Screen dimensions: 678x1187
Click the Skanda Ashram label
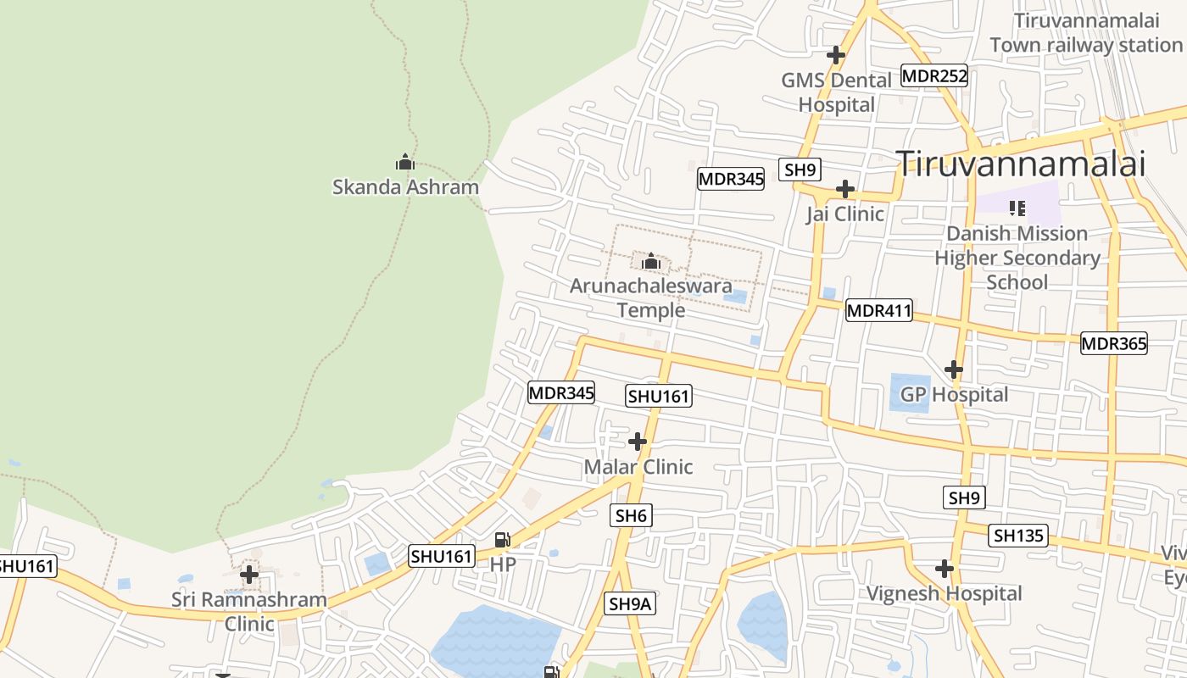tap(405, 187)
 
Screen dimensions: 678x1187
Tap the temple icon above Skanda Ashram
tap(405, 162)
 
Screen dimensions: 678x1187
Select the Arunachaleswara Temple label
tap(650, 297)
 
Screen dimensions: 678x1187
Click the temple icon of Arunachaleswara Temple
tap(651, 261)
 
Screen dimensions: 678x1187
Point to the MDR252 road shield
tap(933, 75)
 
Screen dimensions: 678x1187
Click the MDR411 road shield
tap(878, 311)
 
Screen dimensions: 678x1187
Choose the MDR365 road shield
tap(1113, 343)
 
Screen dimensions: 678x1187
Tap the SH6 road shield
tap(631, 515)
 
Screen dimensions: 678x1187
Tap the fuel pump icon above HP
tap(503, 540)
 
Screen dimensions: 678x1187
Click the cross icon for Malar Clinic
tap(638, 442)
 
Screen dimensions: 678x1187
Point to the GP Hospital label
tap(954, 394)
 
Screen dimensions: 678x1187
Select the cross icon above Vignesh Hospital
tap(945, 568)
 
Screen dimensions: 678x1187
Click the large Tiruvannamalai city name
tap(1021, 163)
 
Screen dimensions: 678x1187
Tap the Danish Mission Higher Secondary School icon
tap(1017, 208)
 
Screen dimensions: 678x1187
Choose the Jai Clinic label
tap(844, 214)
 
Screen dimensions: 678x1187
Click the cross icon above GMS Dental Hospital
tap(836, 55)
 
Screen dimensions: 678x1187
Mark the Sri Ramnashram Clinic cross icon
tap(249, 575)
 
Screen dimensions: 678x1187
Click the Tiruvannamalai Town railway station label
tap(1085, 32)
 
